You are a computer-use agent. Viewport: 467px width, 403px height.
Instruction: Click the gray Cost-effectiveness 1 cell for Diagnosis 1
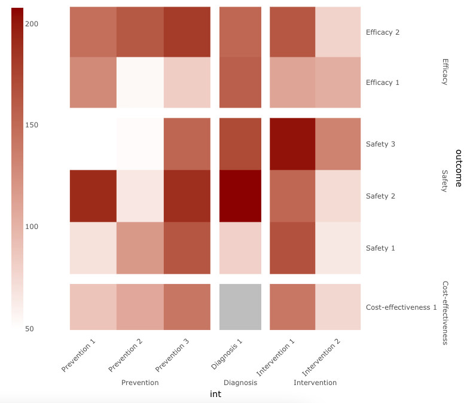(x=240, y=307)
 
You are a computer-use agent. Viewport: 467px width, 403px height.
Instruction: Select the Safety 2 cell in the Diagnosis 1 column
(x=240, y=196)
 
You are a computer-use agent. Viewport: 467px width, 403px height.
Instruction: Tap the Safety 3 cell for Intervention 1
(x=292, y=144)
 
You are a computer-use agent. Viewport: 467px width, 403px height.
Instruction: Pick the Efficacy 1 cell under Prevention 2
(x=139, y=83)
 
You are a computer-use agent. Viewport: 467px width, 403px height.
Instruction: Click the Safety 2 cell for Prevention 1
(x=93, y=196)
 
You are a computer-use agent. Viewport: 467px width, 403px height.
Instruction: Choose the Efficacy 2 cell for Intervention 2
(x=338, y=32)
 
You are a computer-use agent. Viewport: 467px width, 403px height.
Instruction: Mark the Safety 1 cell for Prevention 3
(x=187, y=248)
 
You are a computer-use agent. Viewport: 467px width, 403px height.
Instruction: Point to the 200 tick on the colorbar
(x=31, y=24)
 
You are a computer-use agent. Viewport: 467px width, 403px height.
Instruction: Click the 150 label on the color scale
(x=31, y=125)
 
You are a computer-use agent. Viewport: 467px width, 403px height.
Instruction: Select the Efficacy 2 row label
(x=383, y=32)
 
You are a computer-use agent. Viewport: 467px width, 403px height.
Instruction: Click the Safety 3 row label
(x=380, y=144)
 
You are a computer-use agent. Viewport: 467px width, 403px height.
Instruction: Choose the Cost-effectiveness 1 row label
(x=401, y=307)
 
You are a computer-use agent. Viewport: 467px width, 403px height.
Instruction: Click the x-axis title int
(x=216, y=394)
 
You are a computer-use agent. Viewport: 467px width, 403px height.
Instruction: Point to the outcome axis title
(x=458, y=168)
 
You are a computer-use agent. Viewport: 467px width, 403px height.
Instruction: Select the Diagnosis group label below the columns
(x=240, y=383)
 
